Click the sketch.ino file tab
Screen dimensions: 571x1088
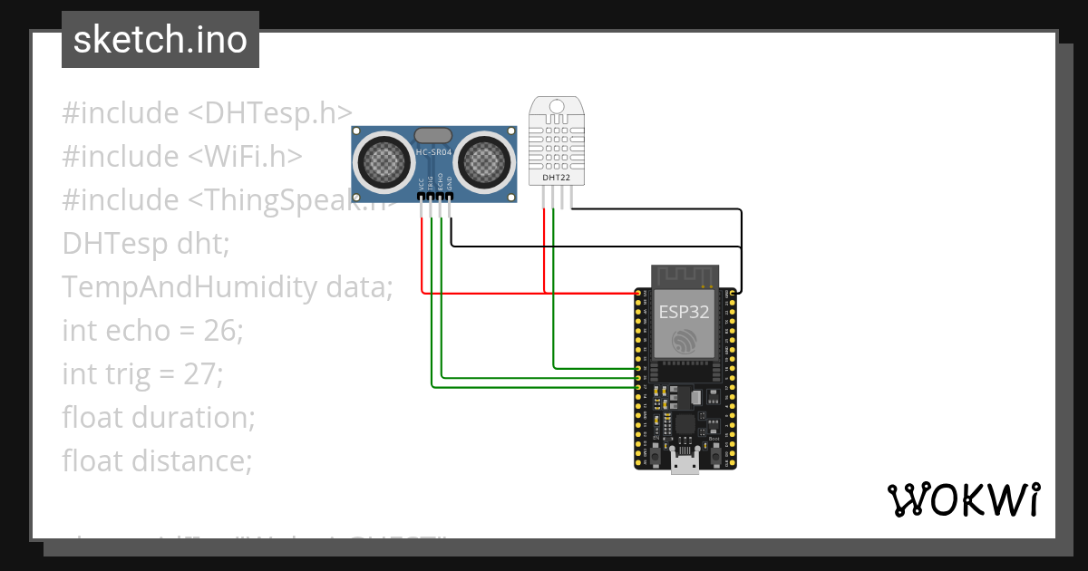160,40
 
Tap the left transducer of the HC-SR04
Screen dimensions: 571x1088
384,161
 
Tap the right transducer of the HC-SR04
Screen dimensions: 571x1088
483,161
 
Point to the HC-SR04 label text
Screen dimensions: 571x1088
433,152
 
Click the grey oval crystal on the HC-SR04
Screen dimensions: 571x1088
433,135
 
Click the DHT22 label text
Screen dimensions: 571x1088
556,178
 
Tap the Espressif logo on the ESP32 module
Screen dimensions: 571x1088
685,342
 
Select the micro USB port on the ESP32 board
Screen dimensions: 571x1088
685,464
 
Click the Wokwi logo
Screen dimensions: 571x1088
964,499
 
